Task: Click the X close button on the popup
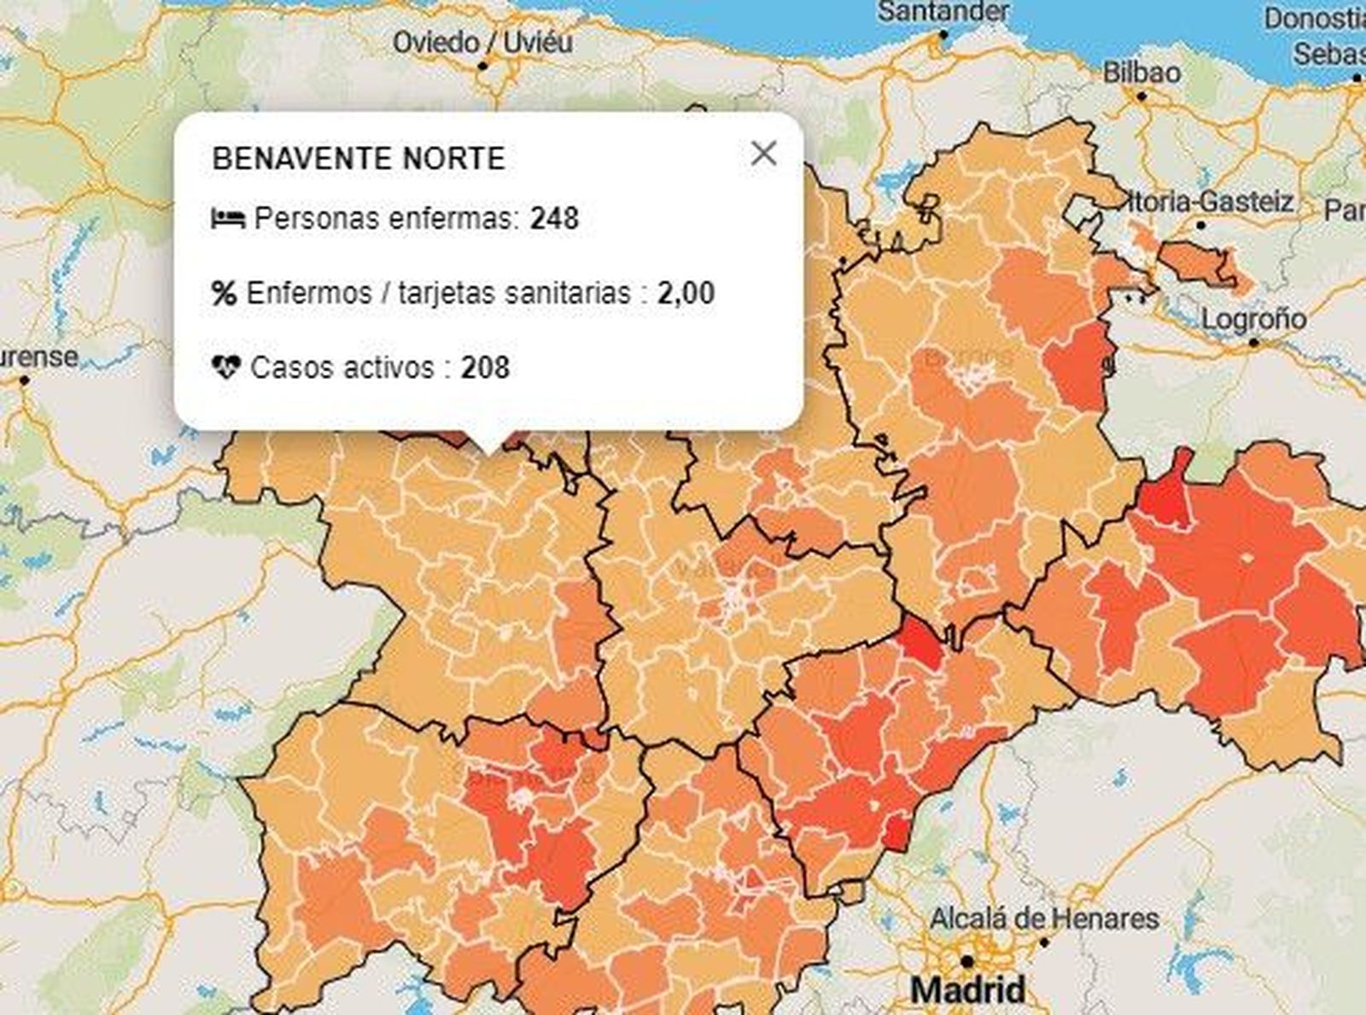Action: (763, 154)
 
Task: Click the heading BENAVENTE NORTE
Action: (359, 159)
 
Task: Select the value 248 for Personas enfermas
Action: (554, 219)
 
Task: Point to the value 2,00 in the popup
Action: (686, 294)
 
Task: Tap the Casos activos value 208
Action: (485, 368)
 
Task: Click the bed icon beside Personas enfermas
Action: (228, 219)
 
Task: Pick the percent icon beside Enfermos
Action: (224, 294)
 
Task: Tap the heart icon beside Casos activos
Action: (226, 368)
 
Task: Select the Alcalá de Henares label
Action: (1043, 919)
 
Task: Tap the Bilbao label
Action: (1141, 73)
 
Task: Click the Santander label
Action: (943, 12)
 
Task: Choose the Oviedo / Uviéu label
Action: (482, 42)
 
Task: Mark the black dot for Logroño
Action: (1253, 343)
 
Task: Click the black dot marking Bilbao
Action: (1141, 96)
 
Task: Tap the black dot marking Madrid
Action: (966, 961)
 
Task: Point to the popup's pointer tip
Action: (488, 451)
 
